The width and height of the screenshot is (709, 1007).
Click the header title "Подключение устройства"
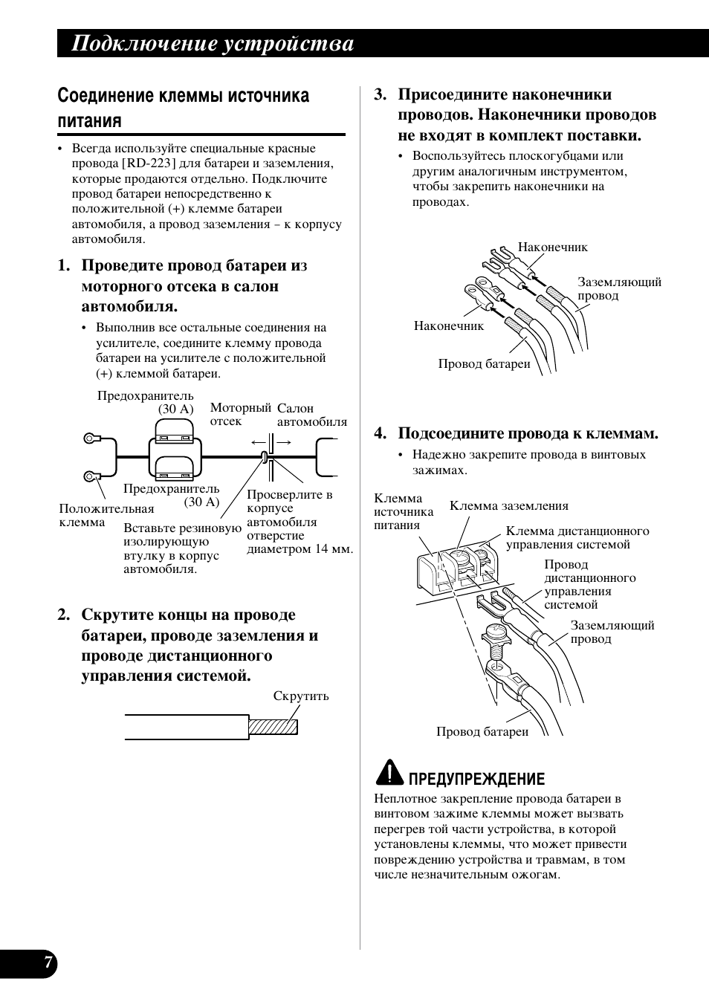pyautogui.click(x=213, y=45)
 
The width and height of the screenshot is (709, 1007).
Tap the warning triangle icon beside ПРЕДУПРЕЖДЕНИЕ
pyautogui.click(x=389, y=774)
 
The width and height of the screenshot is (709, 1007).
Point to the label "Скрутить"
pyautogui.click(x=300, y=696)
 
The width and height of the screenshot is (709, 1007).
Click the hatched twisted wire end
pyautogui.click(x=273, y=726)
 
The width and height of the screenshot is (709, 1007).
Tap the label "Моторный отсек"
pyautogui.click(x=239, y=415)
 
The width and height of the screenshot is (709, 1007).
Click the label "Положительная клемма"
pyautogui.click(x=106, y=515)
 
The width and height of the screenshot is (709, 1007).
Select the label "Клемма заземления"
pyautogui.click(x=508, y=506)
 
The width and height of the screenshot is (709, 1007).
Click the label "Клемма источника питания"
pyautogui.click(x=403, y=512)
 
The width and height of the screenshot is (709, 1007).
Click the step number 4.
pyautogui.click(x=381, y=433)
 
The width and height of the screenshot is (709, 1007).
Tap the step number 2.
pyautogui.click(x=64, y=615)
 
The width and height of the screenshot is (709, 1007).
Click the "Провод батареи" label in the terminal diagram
pyautogui.click(x=482, y=732)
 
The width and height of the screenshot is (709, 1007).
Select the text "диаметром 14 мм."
pyautogui.click(x=300, y=549)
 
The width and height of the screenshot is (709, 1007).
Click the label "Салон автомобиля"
pyautogui.click(x=311, y=415)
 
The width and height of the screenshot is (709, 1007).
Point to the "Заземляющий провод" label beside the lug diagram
pyautogui.click(x=618, y=289)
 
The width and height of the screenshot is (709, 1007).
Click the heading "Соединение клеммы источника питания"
pyautogui.click(x=183, y=108)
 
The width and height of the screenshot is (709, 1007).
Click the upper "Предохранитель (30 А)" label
pyautogui.click(x=146, y=402)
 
